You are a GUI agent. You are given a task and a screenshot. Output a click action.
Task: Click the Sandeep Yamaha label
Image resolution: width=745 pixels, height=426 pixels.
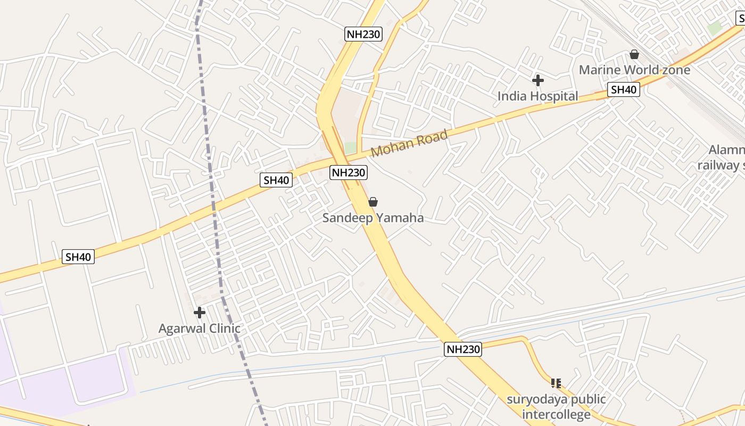pos(373,218)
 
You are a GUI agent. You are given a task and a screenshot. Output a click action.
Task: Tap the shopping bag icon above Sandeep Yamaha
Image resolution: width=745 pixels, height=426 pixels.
pos(373,202)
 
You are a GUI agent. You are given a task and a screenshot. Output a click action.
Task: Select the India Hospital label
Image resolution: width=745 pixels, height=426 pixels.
pos(537,96)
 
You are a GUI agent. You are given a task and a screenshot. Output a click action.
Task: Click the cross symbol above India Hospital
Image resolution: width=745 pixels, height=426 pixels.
pos(537,80)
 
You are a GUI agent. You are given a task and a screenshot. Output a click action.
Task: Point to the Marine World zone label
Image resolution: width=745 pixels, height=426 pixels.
pos(634,70)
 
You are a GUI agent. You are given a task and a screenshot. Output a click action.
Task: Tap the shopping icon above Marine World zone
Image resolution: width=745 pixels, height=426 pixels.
pos(634,54)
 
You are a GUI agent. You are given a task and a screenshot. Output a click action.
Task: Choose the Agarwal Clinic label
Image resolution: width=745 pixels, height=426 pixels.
pos(200,329)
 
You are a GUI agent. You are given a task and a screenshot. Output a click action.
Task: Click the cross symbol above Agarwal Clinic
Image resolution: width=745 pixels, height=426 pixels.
pos(200,313)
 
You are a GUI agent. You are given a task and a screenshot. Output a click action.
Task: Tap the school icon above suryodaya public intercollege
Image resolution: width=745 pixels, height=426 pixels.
pos(556,383)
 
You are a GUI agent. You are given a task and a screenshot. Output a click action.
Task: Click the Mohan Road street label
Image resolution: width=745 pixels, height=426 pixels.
pos(409,143)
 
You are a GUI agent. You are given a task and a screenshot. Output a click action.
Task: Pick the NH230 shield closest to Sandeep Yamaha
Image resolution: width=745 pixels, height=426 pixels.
pos(349,173)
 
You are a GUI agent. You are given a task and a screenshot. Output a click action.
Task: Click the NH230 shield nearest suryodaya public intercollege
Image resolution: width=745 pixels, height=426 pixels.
pos(462,349)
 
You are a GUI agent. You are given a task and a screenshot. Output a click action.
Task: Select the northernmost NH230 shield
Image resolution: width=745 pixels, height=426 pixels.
pos(363,35)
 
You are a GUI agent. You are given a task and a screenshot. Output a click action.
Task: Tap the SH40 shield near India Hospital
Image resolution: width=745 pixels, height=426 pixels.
pos(624,89)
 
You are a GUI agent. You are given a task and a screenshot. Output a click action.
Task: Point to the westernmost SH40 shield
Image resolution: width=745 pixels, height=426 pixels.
pos(78,257)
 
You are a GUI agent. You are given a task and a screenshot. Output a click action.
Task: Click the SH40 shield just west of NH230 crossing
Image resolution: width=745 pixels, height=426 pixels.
pos(276,180)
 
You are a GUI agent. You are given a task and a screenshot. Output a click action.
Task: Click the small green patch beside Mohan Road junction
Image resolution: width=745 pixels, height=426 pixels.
pos(350,148)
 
